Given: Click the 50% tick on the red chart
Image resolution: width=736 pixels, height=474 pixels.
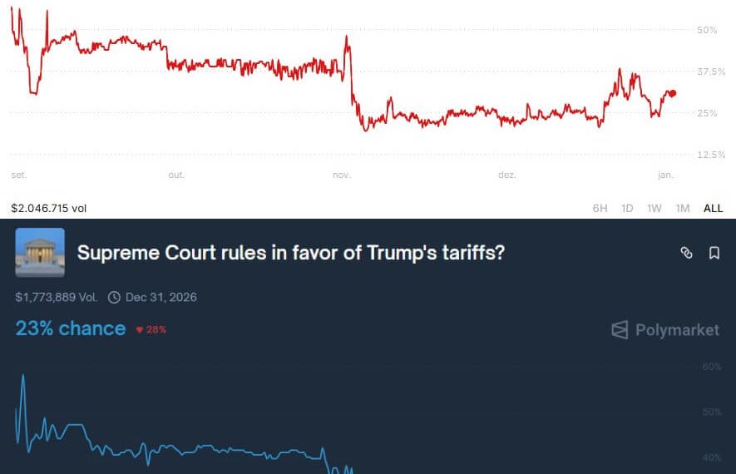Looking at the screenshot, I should coord(706,30).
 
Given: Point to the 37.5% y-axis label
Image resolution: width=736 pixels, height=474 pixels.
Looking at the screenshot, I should coord(711,72).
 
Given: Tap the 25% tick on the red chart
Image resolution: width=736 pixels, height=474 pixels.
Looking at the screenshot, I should coord(706,113).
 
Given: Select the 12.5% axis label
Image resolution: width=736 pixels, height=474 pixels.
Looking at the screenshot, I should coord(711,155).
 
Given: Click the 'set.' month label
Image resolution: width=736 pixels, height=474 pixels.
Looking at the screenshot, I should coord(18,175).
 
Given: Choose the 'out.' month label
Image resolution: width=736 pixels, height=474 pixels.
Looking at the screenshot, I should coord(176,175).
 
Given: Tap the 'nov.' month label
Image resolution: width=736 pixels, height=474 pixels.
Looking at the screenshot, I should coord(341,175).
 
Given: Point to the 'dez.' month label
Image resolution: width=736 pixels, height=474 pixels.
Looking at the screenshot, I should coord(506,175).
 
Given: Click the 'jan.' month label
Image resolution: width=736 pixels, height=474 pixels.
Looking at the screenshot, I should coord(665,175).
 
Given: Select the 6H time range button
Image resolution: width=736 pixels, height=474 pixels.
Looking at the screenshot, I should coord(600,209).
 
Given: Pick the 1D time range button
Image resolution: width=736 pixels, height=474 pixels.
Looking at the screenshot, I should coord(628,209).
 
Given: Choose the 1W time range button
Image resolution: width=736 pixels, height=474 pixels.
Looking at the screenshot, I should coord(654,209).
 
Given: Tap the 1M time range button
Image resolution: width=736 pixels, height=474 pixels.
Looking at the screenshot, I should coord(683,209).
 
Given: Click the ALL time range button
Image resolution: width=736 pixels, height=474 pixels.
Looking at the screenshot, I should coord(713,209).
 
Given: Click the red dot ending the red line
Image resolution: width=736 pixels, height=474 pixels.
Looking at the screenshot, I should coord(672,93).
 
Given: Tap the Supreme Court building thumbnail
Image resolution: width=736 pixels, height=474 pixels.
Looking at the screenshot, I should coord(40,252).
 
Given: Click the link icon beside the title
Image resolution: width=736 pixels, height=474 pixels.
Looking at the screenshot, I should coord(686,253).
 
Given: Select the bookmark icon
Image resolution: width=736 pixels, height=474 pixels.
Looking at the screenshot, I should coord(714,253).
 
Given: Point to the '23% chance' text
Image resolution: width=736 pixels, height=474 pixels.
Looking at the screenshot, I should coord(71,328).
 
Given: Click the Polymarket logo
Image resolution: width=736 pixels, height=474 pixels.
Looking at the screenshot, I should coord(665,330).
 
